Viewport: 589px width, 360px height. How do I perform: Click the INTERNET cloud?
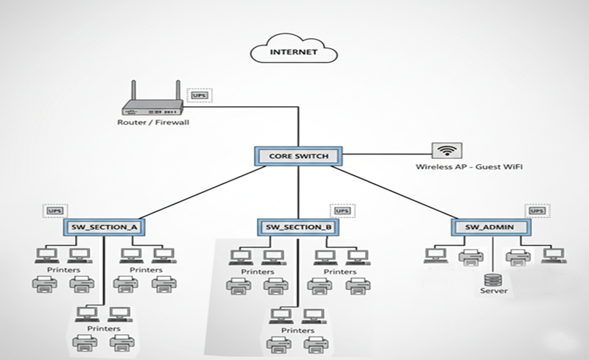pyautogui.click(x=294, y=52)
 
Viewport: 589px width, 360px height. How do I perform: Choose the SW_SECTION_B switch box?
pyautogui.click(x=297, y=227)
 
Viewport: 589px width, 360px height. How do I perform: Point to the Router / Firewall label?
pyautogui.click(x=153, y=122)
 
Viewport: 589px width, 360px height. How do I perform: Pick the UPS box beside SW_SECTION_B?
pyautogui.click(x=342, y=211)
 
